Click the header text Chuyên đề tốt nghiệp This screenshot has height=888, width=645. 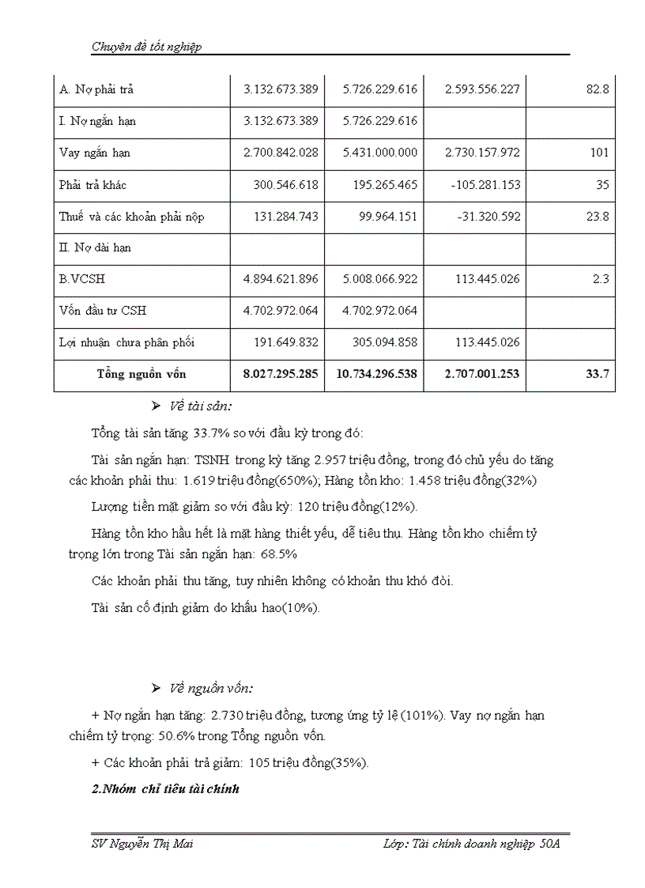146,47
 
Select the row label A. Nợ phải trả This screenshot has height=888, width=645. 96,89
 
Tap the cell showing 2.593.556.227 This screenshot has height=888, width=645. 482,89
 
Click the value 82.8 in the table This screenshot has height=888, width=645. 598,89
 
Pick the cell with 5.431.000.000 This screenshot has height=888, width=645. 379,153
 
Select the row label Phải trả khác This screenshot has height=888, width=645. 92,185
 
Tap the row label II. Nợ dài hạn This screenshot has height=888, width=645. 95,248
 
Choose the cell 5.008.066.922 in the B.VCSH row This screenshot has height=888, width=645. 379,279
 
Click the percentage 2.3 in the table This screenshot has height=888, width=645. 600,279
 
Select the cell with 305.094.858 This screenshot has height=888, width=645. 379,342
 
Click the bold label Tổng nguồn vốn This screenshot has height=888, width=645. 141,374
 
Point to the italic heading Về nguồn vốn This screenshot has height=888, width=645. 211,688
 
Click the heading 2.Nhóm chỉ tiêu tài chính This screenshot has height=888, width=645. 165,789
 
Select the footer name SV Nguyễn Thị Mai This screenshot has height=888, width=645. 142,844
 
